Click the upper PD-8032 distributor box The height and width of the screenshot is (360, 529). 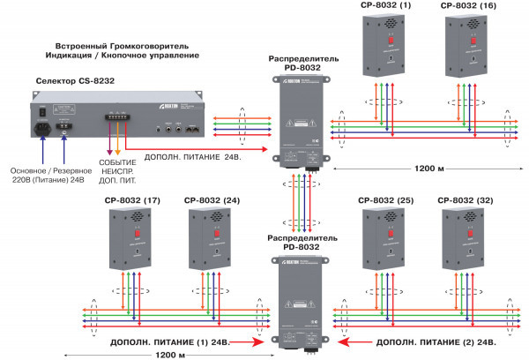pos(299,119)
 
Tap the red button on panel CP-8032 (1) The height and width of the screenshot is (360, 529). pos(381,40)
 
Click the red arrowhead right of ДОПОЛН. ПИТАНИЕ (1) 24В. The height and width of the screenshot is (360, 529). pos(257,341)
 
